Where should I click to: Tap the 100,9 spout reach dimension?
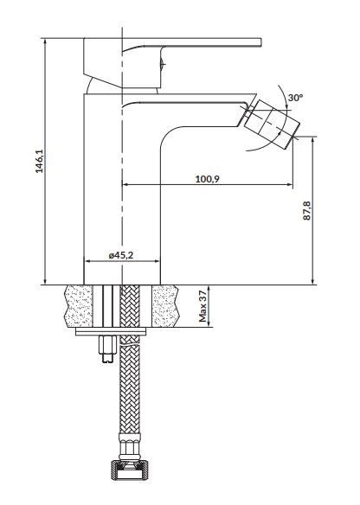[x=207, y=179]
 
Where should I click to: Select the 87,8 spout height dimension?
[x=307, y=211]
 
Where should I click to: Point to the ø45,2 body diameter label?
[x=121, y=255]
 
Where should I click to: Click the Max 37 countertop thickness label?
[x=202, y=306]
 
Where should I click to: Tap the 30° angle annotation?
[x=295, y=98]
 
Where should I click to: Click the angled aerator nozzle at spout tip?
[x=271, y=124]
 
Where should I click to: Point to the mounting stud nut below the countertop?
[x=108, y=349]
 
